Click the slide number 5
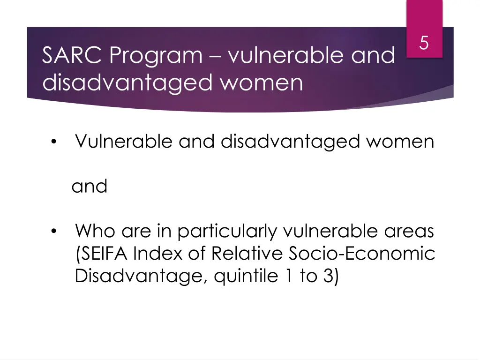[424, 44]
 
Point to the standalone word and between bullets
[90, 187]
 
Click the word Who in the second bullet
[95, 231]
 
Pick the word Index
[153, 254]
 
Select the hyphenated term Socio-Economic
[361, 254]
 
